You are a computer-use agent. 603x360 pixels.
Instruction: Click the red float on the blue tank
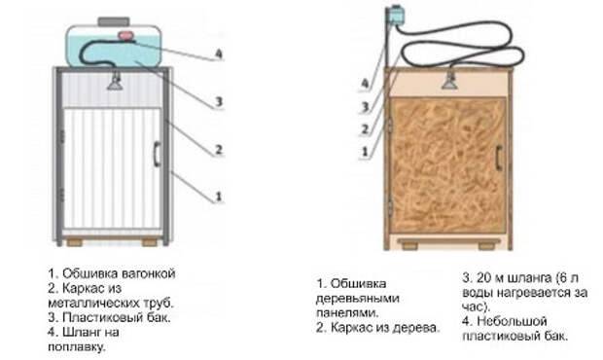tap(125, 36)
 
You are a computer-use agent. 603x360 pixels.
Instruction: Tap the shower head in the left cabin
tap(115, 82)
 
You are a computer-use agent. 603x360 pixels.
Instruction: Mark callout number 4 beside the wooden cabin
tap(367, 84)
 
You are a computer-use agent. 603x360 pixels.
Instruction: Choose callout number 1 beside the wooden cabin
tap(367, 152)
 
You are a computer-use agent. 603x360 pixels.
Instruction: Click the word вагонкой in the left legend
tap(148, 275)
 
